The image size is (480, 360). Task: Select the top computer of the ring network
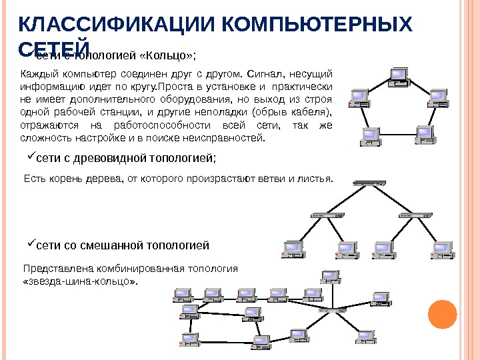coord(399,76)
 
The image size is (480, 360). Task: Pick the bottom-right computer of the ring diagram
coord(423,134)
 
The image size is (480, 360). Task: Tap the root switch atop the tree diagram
coord(369,183)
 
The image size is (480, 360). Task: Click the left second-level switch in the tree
coord(327,215)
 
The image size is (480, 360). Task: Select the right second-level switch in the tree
coord(414,215)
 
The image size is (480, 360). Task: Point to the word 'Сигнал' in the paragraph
coord(273,73)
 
